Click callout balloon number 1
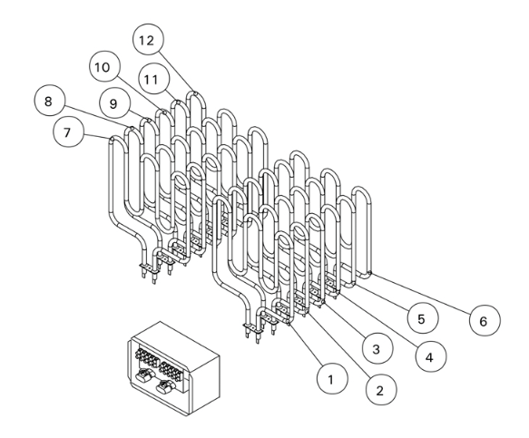coord(332,379)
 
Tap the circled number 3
coord(377,348)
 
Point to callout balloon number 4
coord(431,356)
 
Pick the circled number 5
coord(423,318)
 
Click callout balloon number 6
coord(485,321)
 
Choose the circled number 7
coord(68,131)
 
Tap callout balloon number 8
coord(50,101)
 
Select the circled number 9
coord(114,103)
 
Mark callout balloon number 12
coord(149,40)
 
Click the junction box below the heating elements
coord(173,368)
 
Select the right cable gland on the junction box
coord(165,386)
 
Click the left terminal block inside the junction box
coord(146,358)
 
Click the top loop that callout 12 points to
coord(196,94)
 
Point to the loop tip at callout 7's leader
coord(113,138)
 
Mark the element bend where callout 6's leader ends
coord(370,272)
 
